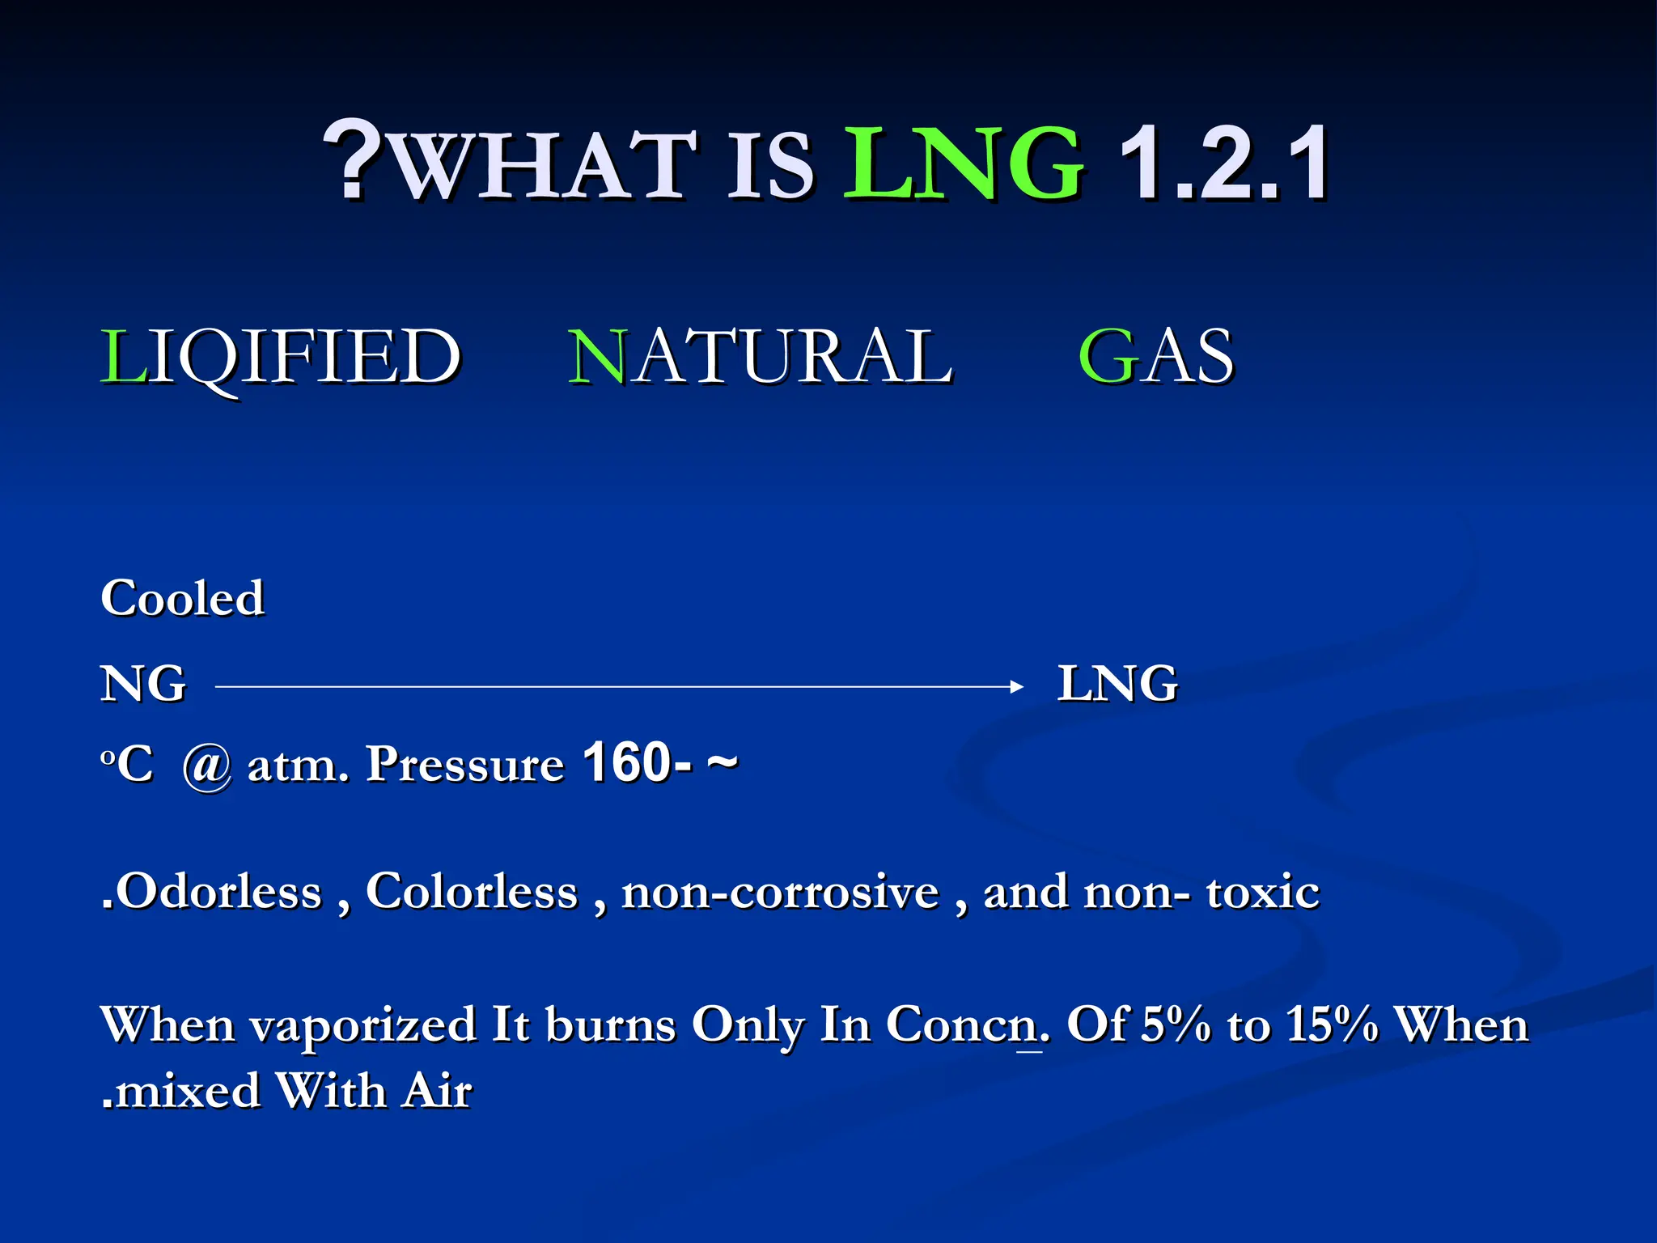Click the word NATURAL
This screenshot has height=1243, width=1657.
pyautogui.click(x=761, y=357)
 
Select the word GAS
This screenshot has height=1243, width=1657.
pyautogui.click(x=1156, y=357)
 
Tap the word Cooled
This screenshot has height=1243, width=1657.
pyautogui.click(x=182, y=599)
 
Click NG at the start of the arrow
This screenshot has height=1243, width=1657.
pyautogui.click(x=143, y=684)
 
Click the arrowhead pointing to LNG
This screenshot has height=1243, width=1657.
pyautogui.click(x=1016, y=687)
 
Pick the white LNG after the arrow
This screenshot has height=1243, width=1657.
pyautogui.click(x=1117, y=684)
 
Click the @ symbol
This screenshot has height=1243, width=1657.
pyautogui.click(x=207, y=766)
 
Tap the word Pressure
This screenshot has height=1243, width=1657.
pyautogui.click(x=464, y=764)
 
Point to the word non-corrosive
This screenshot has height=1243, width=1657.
pyautogui.click(x=780, y=892)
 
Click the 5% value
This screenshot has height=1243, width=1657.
pyautogui.click(x=1176, y=1025)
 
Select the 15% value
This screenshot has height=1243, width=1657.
pyautogui.click(x=1332, y=1025)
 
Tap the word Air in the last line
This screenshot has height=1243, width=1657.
pyautogui.click(x=438, y=1090)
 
